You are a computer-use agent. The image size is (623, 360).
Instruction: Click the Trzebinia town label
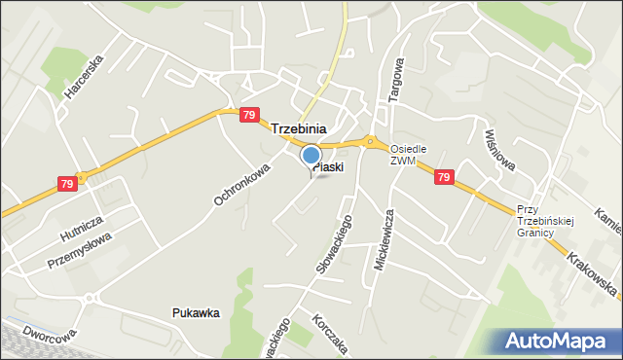pos(298,128)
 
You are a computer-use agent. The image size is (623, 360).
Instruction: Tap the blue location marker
pos(311,156)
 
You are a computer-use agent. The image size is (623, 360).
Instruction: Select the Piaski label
pos(328,167)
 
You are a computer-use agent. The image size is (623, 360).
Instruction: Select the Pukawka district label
pos(196,313)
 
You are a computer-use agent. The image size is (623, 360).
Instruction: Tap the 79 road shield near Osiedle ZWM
pos(443,177)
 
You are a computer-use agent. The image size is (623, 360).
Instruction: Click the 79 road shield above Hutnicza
pos(67,184)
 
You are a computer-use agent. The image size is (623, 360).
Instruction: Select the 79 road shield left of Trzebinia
pos(249,115)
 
